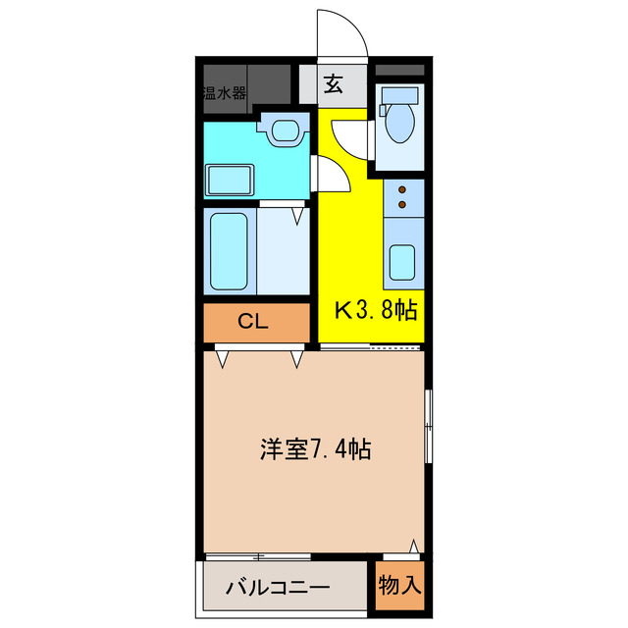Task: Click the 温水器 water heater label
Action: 225,94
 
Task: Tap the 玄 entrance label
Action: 333,84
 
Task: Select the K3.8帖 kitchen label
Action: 377,311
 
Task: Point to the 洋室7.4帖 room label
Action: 314,450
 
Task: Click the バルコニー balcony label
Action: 277,589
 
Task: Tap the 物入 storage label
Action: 400,586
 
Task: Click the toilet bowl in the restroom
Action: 400,125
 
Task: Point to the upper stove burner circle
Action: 401,189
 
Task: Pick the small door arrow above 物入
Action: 415,545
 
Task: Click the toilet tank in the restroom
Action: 400,95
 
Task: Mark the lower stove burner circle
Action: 401,205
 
